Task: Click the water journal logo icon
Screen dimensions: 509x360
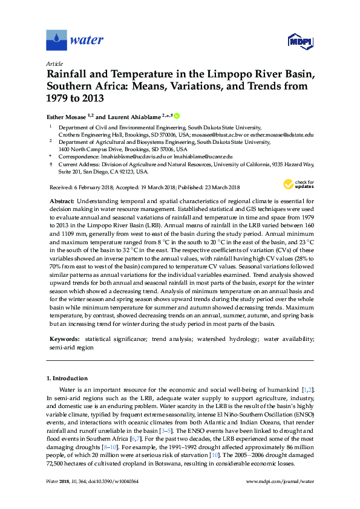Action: (x=56, y=41)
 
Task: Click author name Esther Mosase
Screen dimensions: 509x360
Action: (x=67, y=115)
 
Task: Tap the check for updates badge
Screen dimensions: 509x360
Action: (x=298, y=184)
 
